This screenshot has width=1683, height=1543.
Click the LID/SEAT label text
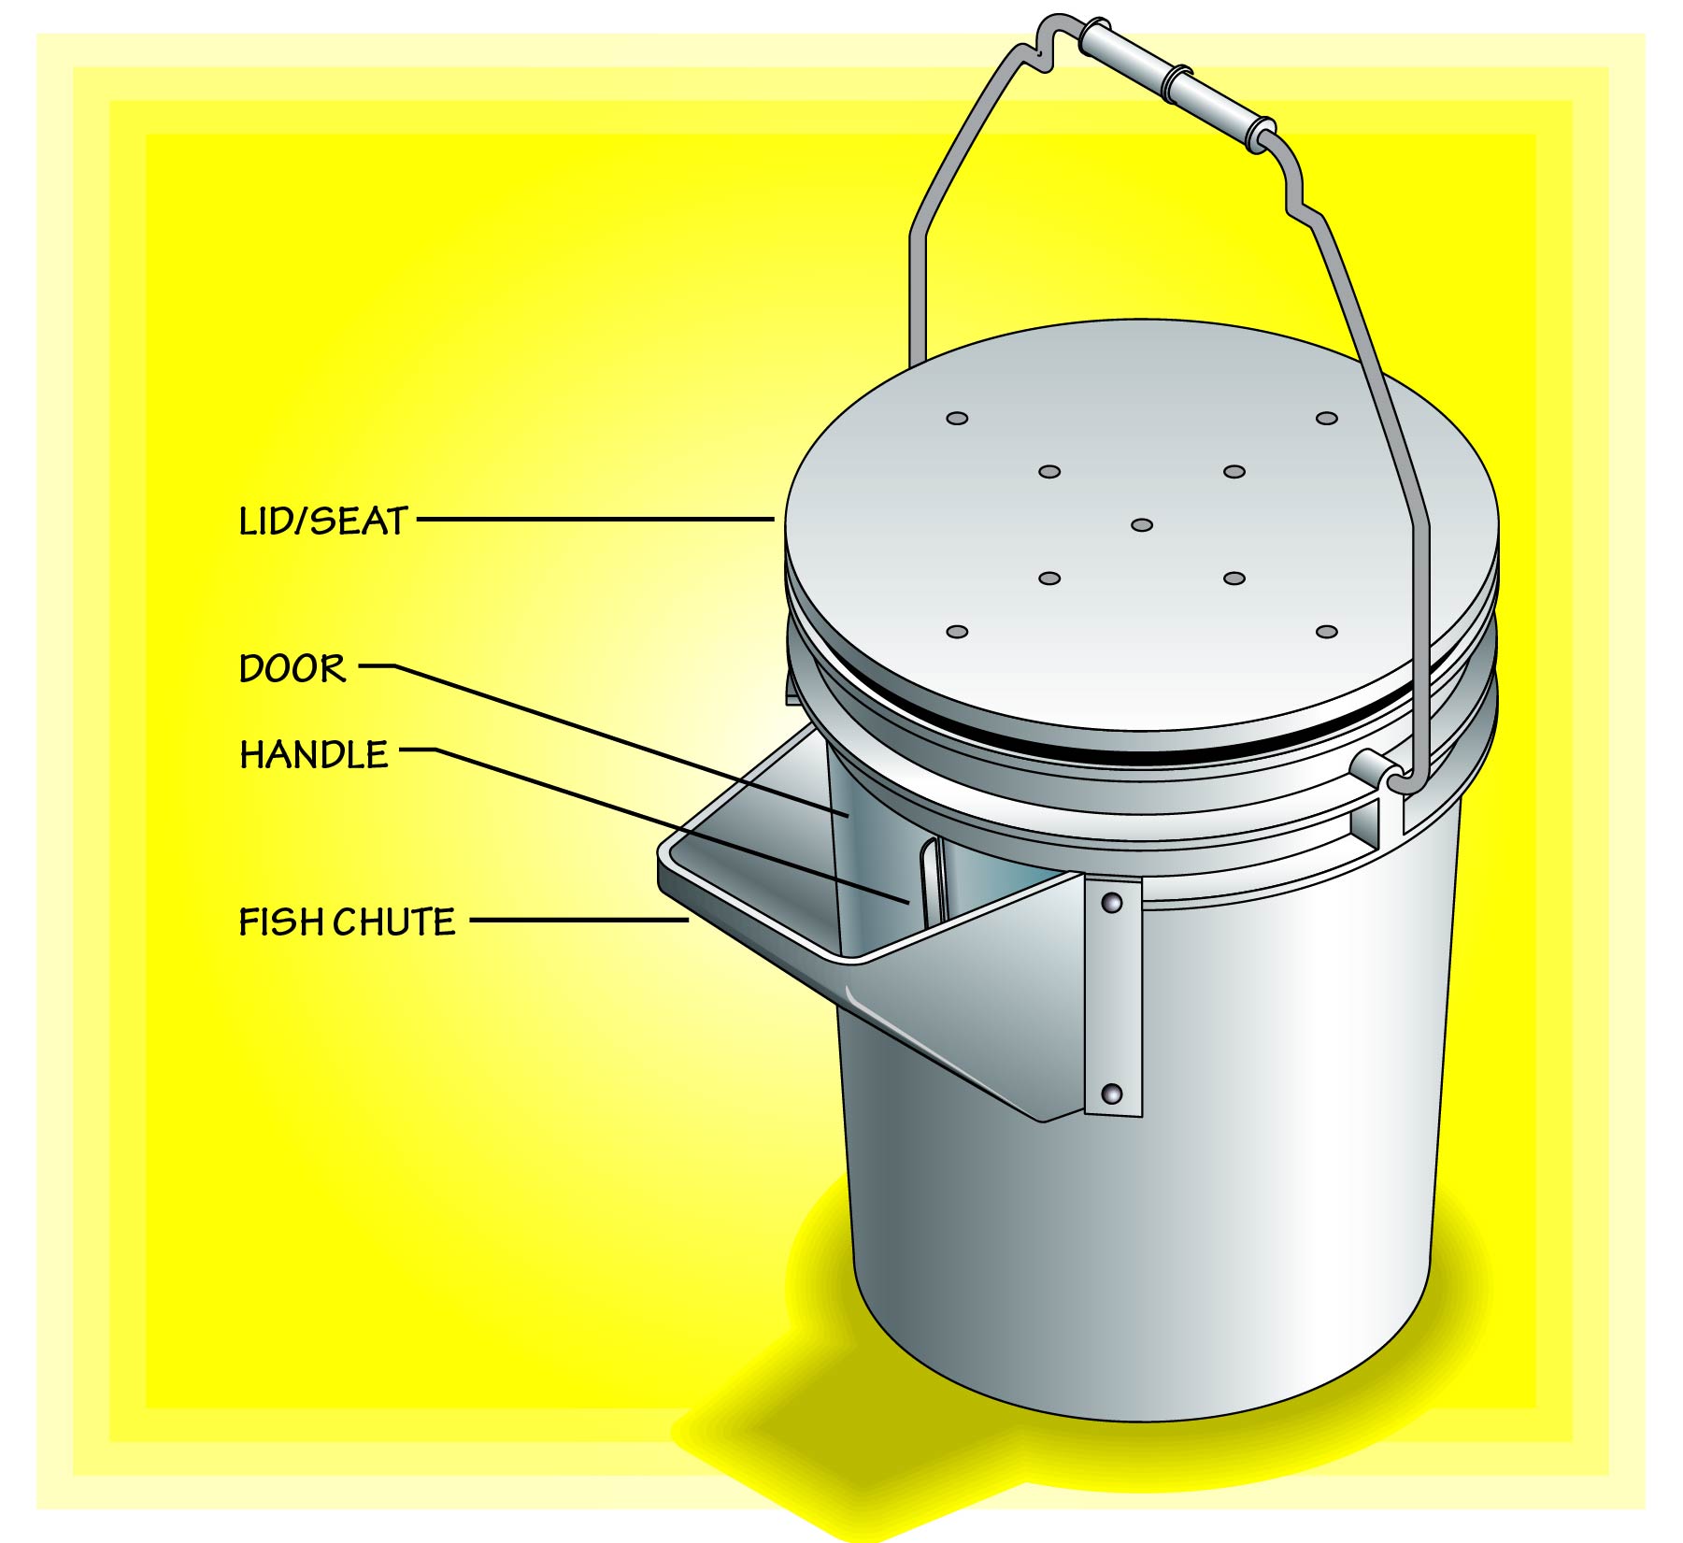click(x=323, y=521)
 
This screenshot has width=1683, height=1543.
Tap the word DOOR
click(x=292, y=668)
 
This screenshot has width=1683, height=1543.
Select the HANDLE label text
click(x=314, y=754)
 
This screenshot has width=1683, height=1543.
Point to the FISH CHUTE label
click(x=348, y=922)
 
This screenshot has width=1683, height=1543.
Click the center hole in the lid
click(x=1142, y=525)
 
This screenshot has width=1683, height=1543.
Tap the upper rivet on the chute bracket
click(x=1112, y=902)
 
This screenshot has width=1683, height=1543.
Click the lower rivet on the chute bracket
click(x=1112, y=1093)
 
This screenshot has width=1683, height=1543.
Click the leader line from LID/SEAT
click(x=595, y=519)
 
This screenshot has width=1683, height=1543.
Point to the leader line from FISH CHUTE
click(x=579, y=921)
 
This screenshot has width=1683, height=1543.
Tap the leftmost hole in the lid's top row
click(x=957, y=418)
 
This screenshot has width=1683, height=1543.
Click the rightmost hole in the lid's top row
click(x=1327, y=418)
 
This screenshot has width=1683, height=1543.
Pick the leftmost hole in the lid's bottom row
click(x=957, y=632)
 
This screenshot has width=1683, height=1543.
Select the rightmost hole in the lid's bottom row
click(x=1327, y=632)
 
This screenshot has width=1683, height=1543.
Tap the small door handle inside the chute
click(x=930, y=879)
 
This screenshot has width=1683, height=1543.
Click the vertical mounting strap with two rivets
click(x=1113, y=996)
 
